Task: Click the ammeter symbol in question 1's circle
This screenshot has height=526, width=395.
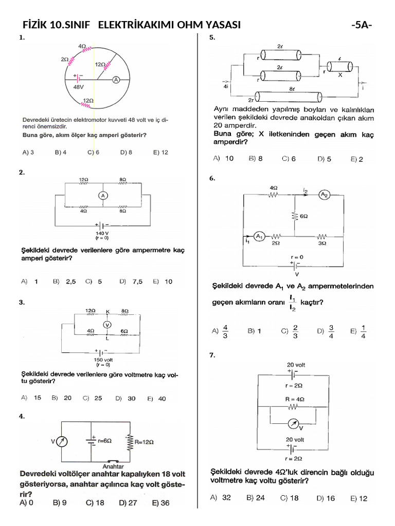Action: click(x=116, y=80)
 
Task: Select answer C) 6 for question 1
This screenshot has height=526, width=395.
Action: click(x=93, y=153)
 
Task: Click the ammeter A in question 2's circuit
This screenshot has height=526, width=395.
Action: click(x=103, y=195)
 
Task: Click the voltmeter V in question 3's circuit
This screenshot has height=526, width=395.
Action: click(x=107, y=325)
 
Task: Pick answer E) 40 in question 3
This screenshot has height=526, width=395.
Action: click(x=157, y=398)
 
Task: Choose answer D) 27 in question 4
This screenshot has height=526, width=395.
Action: click(x=128, y=503)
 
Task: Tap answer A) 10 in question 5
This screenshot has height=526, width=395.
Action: click(x=223, y=159)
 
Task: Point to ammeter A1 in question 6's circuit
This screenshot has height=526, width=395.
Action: click(x=260, y=236)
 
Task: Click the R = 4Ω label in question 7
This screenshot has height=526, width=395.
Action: click(x=295, y=399)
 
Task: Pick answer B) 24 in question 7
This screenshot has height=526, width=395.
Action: click(x=256, y=498)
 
